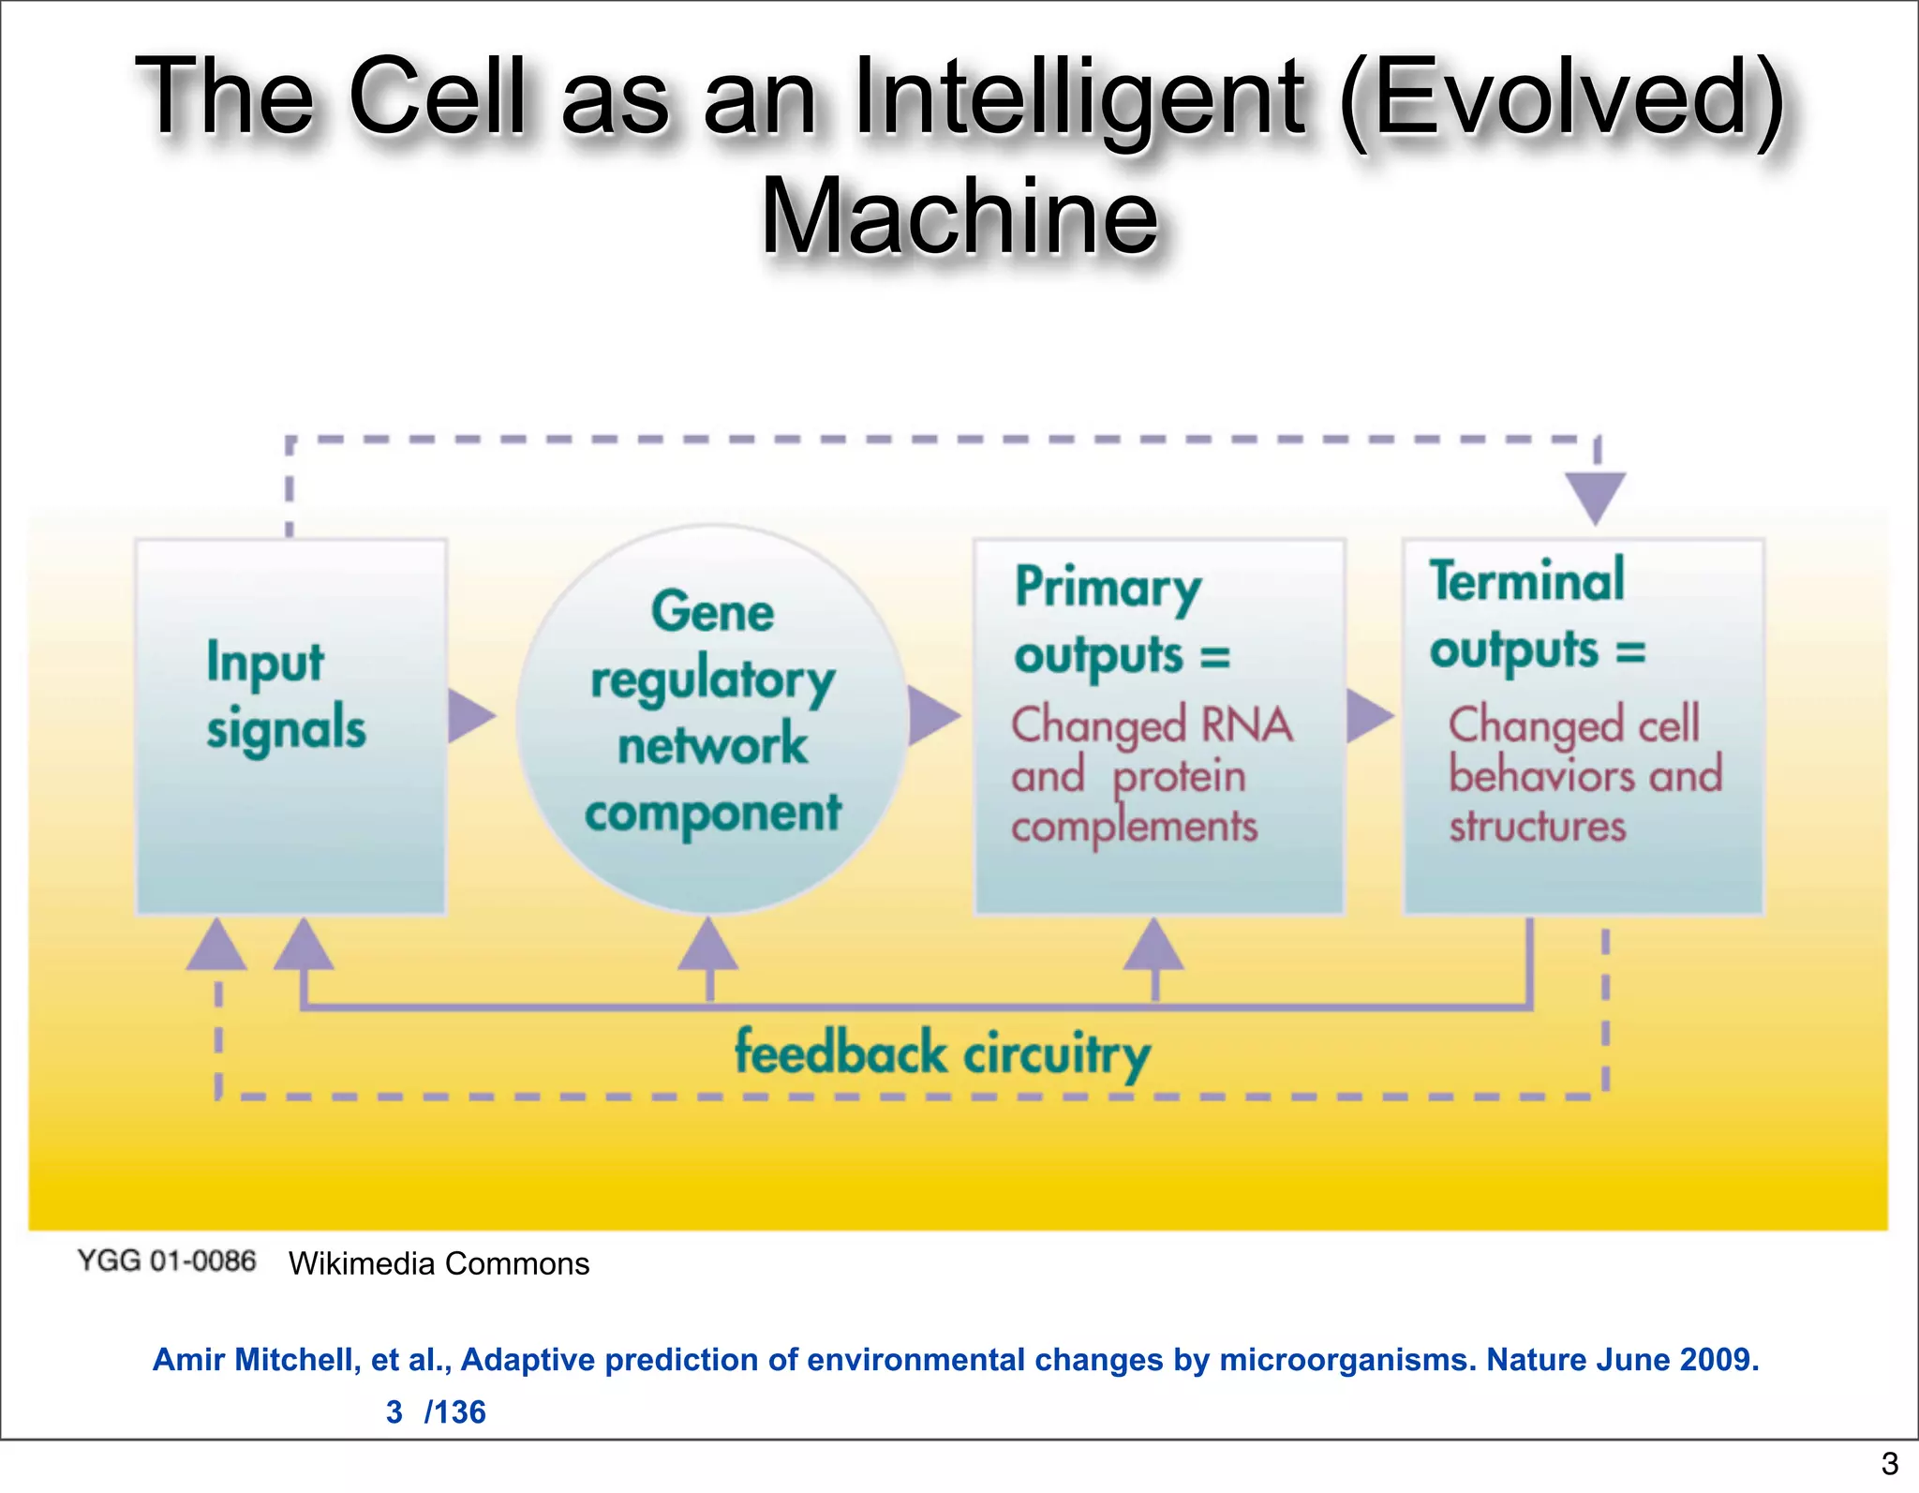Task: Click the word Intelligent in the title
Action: (x=1078, y=98)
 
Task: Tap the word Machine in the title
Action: (x=959, y=217)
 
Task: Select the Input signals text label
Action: (x=286, y=695)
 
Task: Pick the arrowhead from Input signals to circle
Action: (x=470, y=717)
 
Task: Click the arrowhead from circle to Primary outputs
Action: (x=932, y=717)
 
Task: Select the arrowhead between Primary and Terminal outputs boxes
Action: (x=1369, y=717)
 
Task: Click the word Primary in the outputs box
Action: (x=1108, y=589)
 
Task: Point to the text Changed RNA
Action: (x=1152, y=724)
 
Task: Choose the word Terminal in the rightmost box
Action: (x=1526, y=581)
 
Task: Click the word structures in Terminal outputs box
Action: (x=1537, y=827)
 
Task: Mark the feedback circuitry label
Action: (x=942, y=1053)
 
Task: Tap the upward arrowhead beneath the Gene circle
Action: (x=708, y=945)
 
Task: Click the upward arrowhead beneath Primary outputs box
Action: (x=1153, y=945)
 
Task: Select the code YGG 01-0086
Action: (x=166, y=1261)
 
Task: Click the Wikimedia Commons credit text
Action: (x=439, y=1263)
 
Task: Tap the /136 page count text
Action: (x=455, y=1411)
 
